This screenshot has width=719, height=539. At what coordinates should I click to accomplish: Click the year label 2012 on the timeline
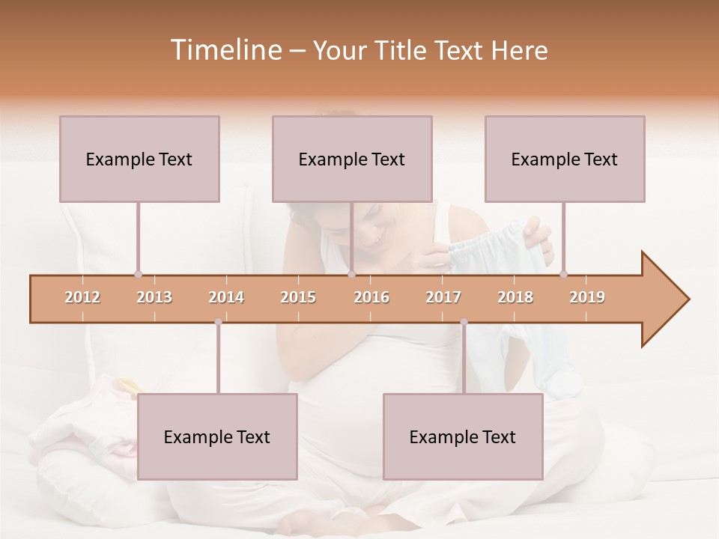(x=82, y=297)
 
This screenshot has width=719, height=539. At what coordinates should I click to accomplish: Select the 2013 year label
(x=154, y=297)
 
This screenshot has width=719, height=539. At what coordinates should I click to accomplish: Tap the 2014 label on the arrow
(x=226, y=297)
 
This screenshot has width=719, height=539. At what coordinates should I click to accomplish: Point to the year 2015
(x=298, y=297)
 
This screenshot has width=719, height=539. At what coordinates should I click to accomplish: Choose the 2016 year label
(x=371, y=297)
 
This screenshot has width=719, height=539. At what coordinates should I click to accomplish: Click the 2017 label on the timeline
(x=443, y=297)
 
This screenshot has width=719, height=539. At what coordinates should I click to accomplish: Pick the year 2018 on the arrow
(x=515, y=297)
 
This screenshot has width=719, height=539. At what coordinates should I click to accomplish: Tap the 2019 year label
(x=587, y=297)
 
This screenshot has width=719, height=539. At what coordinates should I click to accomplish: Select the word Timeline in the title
(x=224, y=50)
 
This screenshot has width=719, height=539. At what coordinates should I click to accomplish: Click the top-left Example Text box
(x=139, y=159)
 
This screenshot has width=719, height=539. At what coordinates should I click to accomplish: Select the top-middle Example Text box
(x=352, y=159)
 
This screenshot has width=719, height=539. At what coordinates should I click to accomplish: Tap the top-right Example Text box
(x=565, y=159)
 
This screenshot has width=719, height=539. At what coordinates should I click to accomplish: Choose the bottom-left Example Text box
(x=217, y=436)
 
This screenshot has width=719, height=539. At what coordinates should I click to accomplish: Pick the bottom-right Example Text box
(x=463, y=436)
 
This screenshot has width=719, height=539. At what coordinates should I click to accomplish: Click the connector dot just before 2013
(x=138, y=274)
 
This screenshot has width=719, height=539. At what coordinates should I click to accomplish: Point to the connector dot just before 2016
(x=351, y=274)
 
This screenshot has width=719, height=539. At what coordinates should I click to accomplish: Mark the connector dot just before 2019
(x=563, y=274)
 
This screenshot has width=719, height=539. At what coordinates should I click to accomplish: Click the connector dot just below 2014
(x=218, y=323)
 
